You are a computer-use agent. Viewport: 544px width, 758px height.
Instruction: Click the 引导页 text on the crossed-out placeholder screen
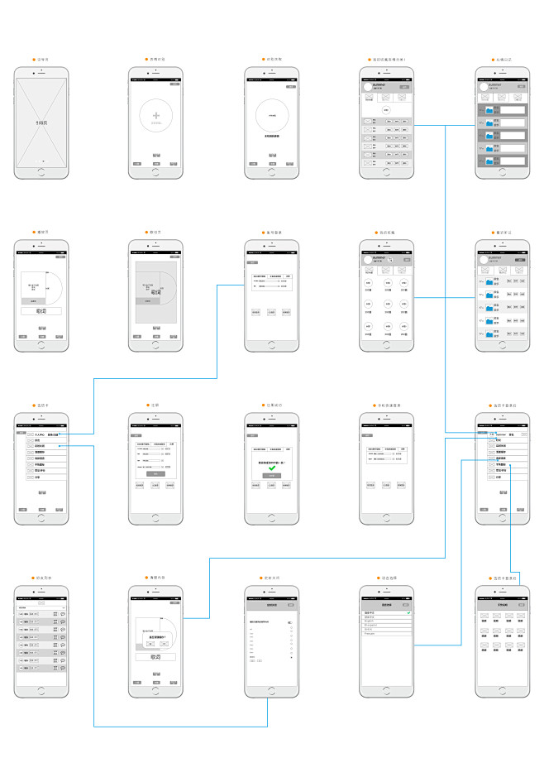coord(41,122)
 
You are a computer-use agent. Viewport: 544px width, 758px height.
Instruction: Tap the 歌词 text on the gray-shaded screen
coord(156,292)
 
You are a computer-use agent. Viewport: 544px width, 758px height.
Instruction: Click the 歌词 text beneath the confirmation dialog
coord(156,656)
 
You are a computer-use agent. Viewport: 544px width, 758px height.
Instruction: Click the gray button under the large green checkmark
coord(271,476)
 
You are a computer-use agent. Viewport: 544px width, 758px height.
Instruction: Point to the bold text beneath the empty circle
coord(271,135)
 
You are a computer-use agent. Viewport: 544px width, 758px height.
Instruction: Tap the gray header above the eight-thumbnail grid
coord(502,606)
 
